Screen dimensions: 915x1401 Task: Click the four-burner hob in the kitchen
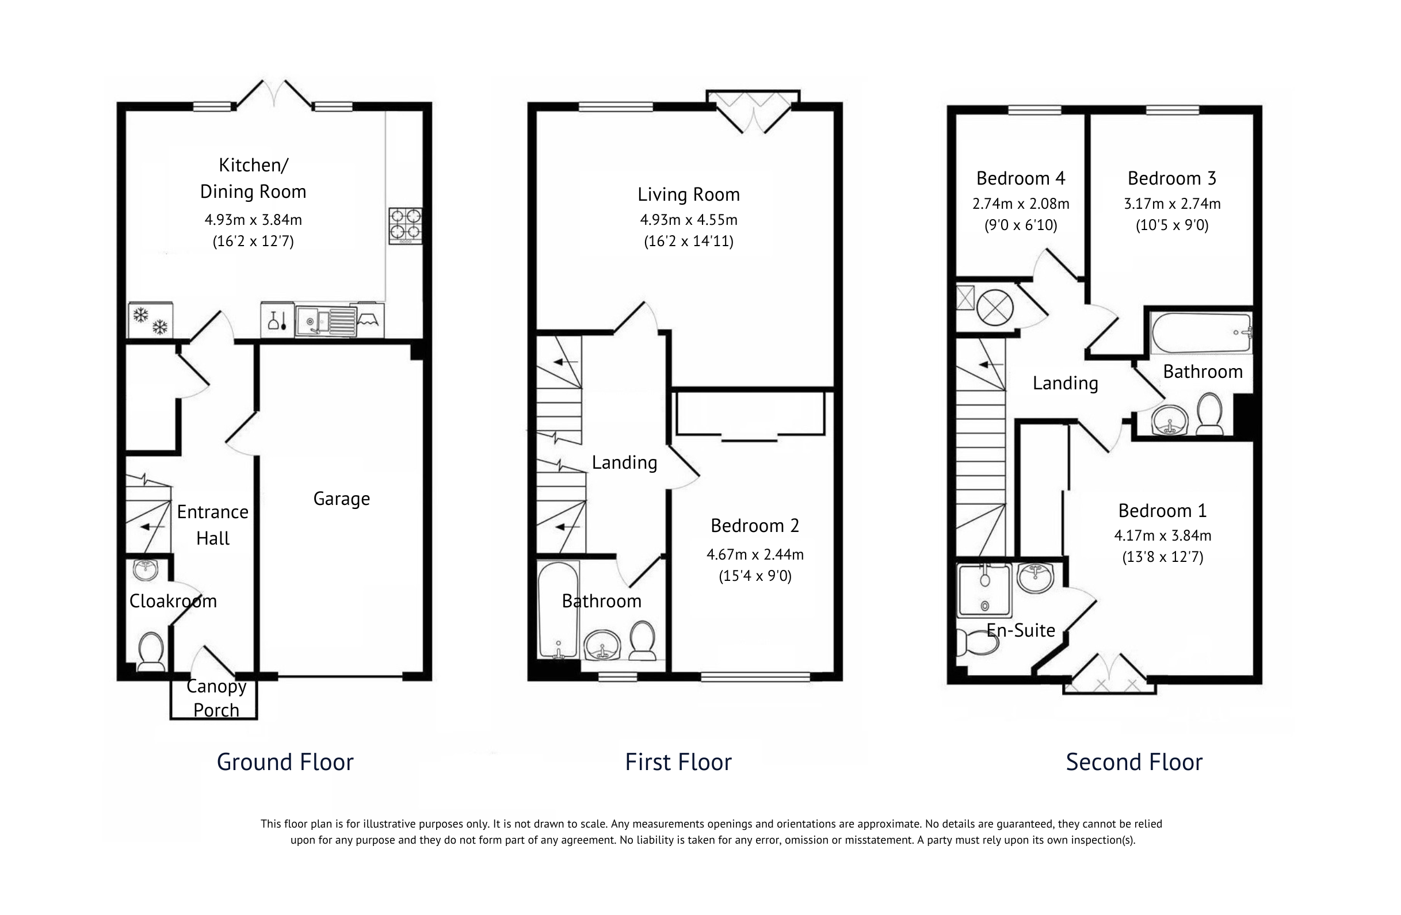(x=405, y=225)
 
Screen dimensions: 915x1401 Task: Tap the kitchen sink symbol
(x=326, y=321)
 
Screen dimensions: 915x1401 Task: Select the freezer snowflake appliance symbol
(x=150, y=321)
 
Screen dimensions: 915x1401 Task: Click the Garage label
(x=341, y=499)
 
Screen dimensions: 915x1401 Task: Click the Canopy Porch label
(x=216, y=698)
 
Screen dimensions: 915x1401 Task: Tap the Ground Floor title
(x=285, y=762)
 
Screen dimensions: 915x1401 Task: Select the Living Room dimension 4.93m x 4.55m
(x=688, y=220)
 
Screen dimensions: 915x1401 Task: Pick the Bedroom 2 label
(x=755, y=526)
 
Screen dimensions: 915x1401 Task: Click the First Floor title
(x=678, y=762)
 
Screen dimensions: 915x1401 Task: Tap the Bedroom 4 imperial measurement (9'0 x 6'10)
(x=1021, y=225)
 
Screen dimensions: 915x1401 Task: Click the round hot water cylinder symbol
(x=994, y=308)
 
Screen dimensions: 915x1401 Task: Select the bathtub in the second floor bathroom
(x=1201, y=333)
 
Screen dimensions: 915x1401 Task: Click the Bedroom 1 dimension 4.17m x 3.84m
(x=1162, y=535)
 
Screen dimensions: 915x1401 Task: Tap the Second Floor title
(x=1134, y=762)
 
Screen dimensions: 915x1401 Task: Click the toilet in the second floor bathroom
(x=1209, y=414)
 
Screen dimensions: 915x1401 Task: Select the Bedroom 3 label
(x=1171, y=178)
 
